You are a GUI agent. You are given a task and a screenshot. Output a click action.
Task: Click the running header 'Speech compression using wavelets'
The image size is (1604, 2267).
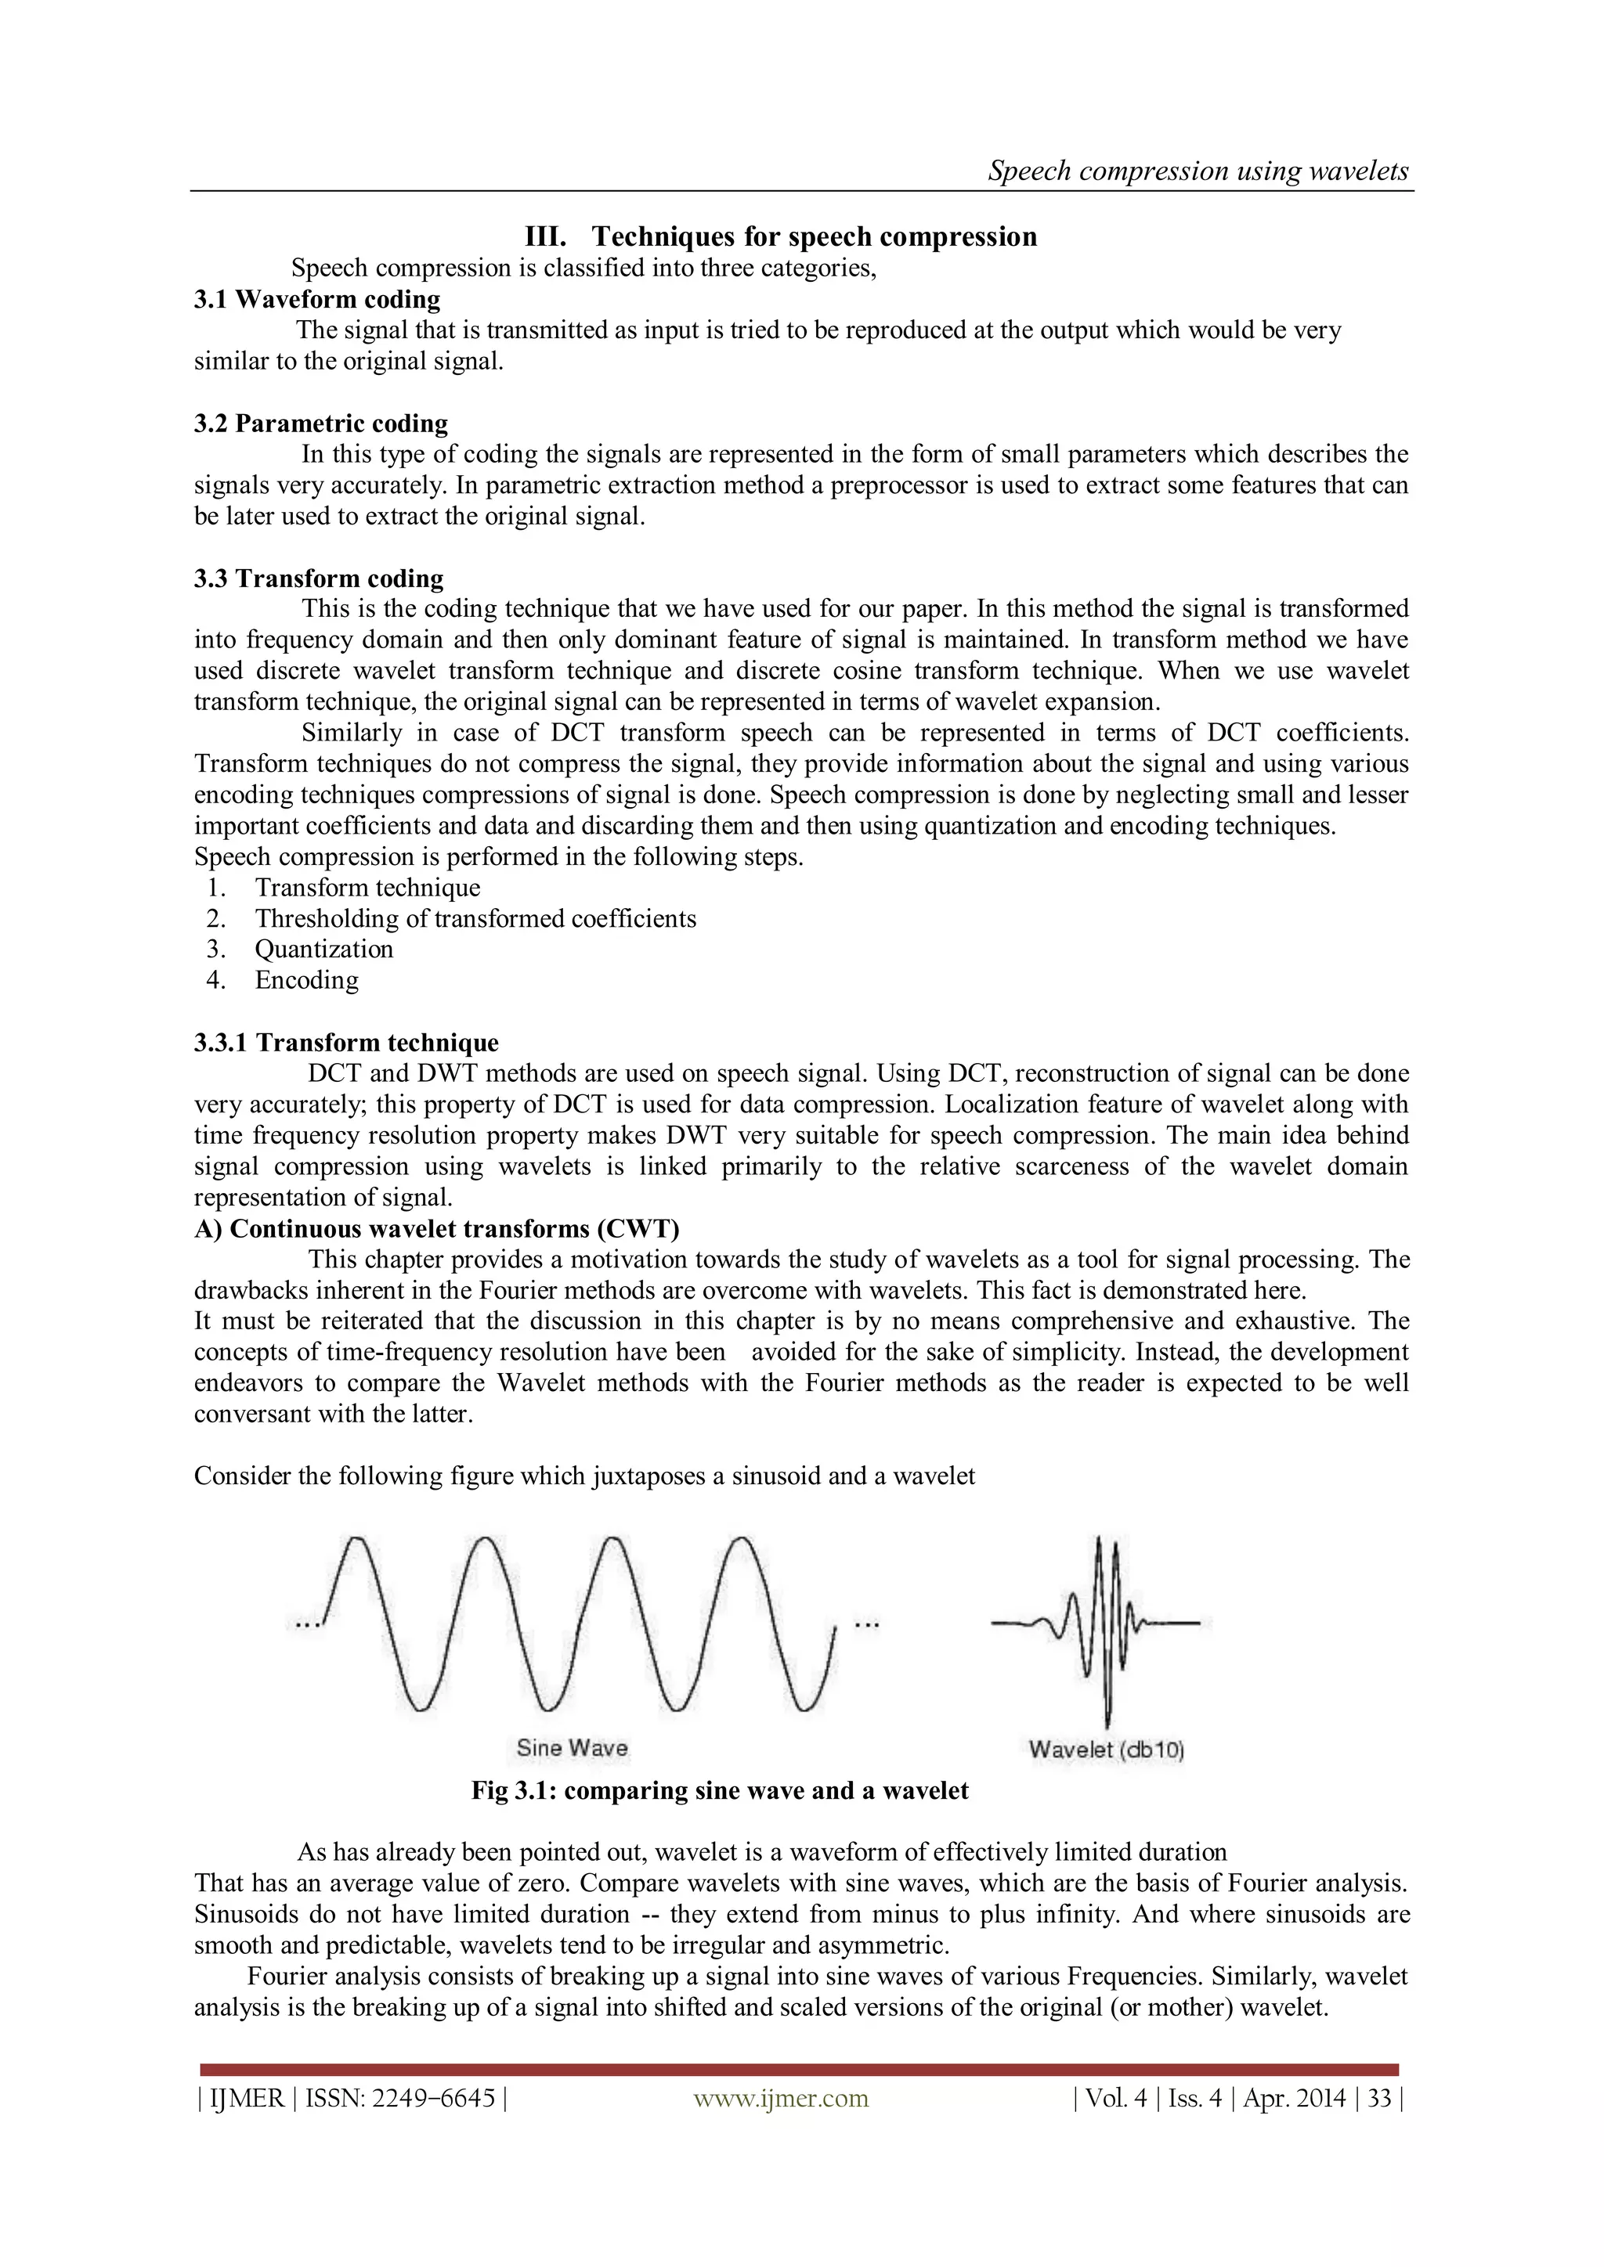click(x=1198, y=171)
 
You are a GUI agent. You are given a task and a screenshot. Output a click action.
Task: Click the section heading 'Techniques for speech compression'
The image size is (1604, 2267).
click(x=814, y=237)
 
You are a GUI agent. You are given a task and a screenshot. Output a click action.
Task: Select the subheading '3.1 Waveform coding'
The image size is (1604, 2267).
click(x=317, y=299)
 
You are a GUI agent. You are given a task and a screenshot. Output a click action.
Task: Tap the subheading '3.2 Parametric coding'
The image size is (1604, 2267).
click(x=321, y=423)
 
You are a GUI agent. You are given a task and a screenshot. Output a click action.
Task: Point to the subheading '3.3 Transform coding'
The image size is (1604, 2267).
click(x=319, y=578)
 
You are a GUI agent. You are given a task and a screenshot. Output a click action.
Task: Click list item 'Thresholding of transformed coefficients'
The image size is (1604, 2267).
click(x=475, y=918)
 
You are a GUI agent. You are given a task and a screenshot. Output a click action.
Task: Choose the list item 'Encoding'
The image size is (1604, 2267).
click(x=306, y=980)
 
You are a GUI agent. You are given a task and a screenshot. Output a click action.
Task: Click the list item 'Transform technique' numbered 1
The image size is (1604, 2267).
click(x=367, y=888)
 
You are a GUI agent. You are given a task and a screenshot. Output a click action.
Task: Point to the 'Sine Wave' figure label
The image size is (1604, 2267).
click(x=572, y=1748)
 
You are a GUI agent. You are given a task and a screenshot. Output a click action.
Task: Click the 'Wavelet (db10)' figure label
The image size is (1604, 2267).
click(x=1106, y=1750)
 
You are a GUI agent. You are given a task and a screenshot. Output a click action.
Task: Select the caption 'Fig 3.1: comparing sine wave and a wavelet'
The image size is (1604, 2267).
click(x=719, y=1790)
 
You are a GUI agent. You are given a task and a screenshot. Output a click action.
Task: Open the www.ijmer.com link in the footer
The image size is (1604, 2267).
click(x=780, y=2098)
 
